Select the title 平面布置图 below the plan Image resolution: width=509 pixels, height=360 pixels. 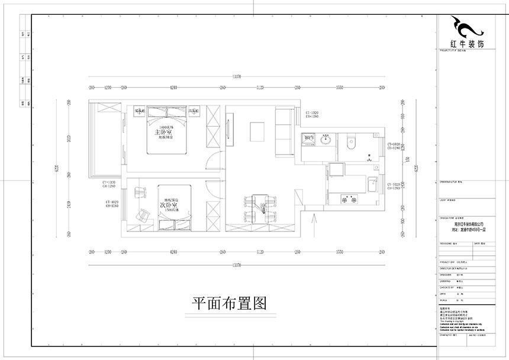click(227, 304)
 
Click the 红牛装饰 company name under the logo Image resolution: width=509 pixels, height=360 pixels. click(468, 44)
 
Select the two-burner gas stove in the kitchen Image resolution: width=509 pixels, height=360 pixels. click(346, 200)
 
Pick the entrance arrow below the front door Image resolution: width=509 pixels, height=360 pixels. click(313, 220)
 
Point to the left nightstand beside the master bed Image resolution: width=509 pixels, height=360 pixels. click(140, 111)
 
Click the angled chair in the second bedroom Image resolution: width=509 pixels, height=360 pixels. click(143, 216)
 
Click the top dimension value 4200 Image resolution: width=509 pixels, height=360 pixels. click(173, 88)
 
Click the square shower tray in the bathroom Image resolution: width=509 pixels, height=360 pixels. click(309, 140)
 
